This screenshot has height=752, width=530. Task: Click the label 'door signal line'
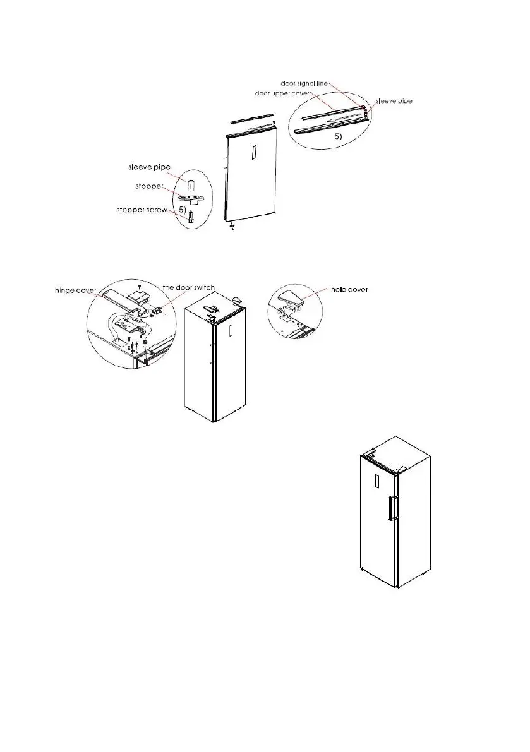311,83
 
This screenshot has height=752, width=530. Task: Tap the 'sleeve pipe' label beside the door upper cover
394,100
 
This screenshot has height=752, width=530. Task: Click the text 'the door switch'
188,287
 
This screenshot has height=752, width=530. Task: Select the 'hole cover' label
350,290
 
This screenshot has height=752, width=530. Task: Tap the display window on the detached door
252,153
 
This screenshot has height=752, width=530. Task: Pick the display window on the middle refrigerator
231,331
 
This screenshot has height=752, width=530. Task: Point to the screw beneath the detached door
233,226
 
